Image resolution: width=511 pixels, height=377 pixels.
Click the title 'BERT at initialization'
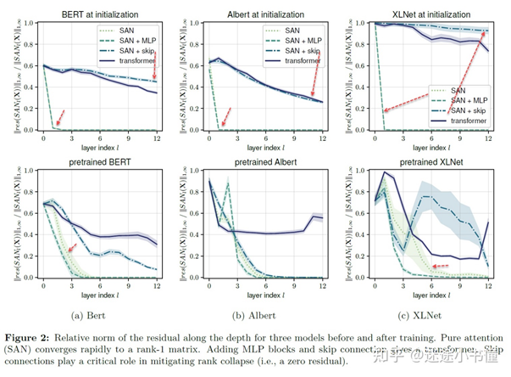point(96,15)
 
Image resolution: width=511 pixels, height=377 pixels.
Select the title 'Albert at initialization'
point(257,15)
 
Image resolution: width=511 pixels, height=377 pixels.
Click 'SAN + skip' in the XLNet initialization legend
point(462,108)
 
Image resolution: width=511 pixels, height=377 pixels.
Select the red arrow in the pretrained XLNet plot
point(440,266)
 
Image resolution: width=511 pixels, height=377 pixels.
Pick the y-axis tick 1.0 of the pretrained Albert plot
point(189,170)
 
